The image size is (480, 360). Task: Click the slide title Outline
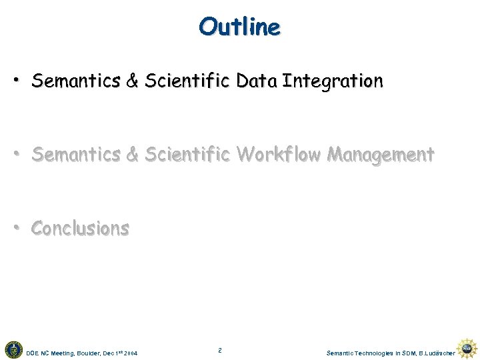pyautogui.click(x=239, y=27)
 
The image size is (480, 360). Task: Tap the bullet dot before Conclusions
pyautogui.click(x=15, y=227)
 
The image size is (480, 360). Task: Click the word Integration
pyautogui.click(x=333, y=81)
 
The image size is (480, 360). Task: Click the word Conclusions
pyautogui.click(x=80, y=228)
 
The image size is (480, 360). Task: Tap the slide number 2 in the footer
pyautogui.click(x=219, y=349)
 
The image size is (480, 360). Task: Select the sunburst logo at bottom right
pyautogui.click(x=469, y=349)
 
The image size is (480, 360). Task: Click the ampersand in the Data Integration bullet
pyautogui.click(x=132, y=81)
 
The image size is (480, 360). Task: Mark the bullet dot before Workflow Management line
pyautogui.click(x=15, y=154)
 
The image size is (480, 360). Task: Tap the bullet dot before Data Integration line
pyautogui.click(x=15, y=81)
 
